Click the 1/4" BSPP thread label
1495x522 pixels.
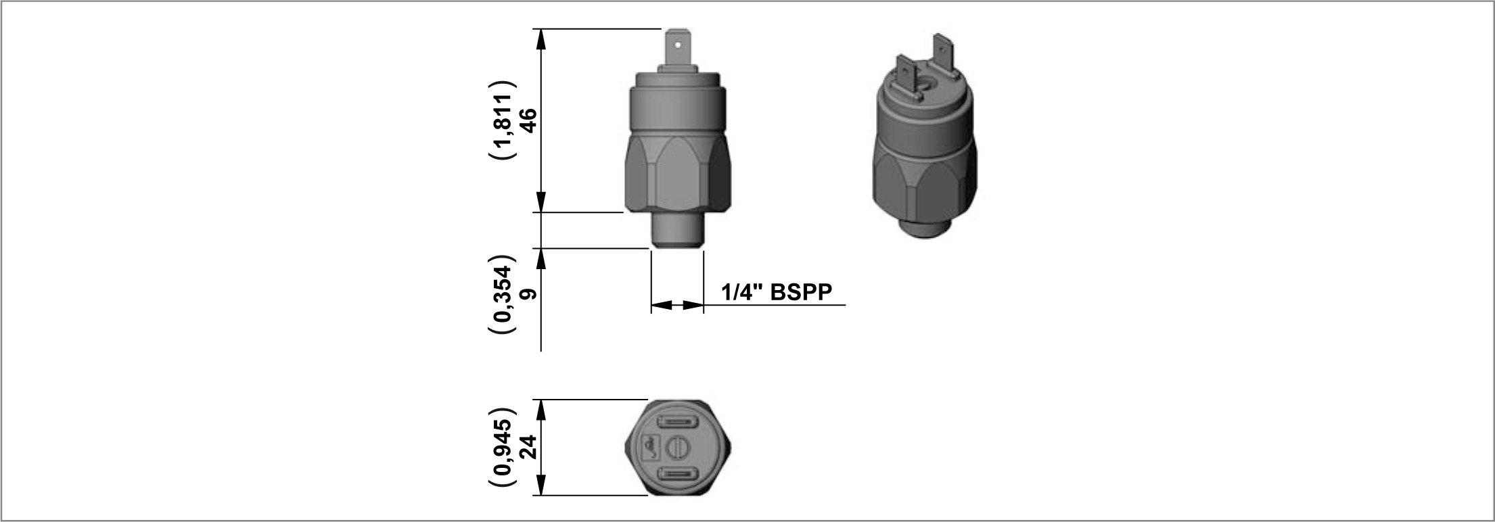(x=777, y=292)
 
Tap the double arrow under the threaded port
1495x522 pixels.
(x=677, y=306)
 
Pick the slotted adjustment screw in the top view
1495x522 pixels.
(x=677, y=447)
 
